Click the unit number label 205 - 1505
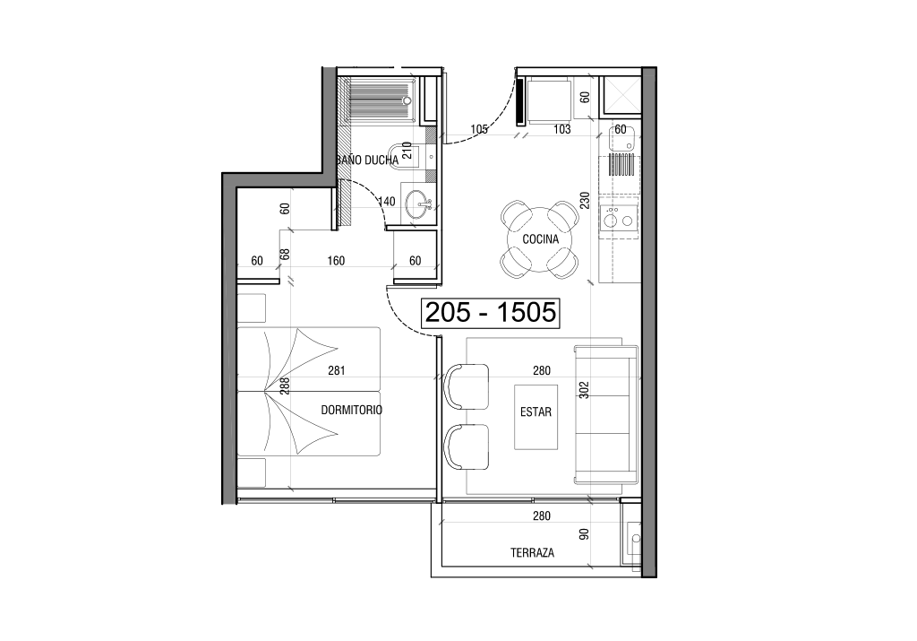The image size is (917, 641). coord(490,313)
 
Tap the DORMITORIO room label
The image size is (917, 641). coord(351,411)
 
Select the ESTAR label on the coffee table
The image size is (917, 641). coord(536,412)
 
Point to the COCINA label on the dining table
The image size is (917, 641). coord(540,239)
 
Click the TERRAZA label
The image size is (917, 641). coord(532,552)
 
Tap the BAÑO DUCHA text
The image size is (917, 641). coord(367,160)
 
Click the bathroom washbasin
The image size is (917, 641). coord(419,204)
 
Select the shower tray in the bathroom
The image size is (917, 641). coord(381,100)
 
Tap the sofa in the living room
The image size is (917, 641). coord(606,414)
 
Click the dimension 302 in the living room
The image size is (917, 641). coord(584,390)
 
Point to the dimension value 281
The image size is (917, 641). coord(337,370)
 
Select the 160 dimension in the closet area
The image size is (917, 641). coord(336,261)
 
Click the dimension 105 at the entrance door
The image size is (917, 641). coord(479,129)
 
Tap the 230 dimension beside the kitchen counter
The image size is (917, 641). coord(585,200)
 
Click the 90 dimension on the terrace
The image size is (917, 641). coord(584,534)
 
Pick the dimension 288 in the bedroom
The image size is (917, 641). coord(285,385)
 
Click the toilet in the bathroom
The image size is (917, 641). coord(404,156)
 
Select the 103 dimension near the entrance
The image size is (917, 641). coord(562,129)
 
